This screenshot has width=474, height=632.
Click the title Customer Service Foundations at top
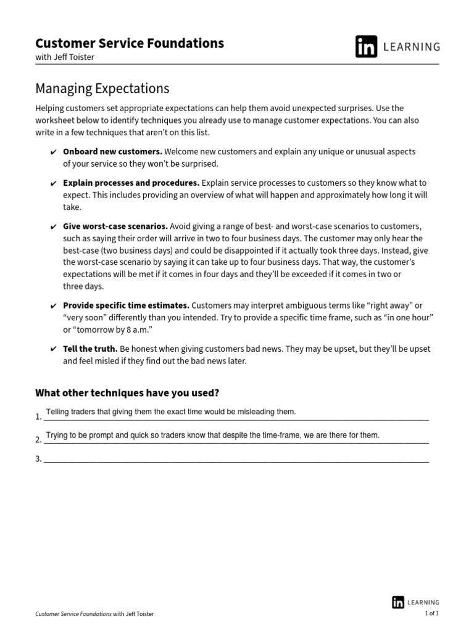(x=130, y=43)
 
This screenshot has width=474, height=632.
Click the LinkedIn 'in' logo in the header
(x=366, y=47)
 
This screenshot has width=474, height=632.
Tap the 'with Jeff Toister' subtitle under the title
(x=65, y=57)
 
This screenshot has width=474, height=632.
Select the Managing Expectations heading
(x=102, y=89)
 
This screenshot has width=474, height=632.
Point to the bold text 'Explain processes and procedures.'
(x=131, y=183)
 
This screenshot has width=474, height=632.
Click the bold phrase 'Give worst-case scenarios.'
(x=115, y=226)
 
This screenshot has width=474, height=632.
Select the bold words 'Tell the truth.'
(x=90, y=349)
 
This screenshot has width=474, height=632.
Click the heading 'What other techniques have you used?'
(x=127, y=393)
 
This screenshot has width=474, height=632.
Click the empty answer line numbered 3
(x=235, y=459)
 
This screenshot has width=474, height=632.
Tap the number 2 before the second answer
(x=38, y=440)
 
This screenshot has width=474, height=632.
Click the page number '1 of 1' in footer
(x=431, y=613)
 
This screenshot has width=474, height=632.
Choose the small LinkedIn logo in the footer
(x=398, y=602)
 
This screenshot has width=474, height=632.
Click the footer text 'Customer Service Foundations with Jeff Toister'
(x=94, y=614)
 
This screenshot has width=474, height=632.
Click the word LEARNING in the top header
(x=413, y=47)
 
